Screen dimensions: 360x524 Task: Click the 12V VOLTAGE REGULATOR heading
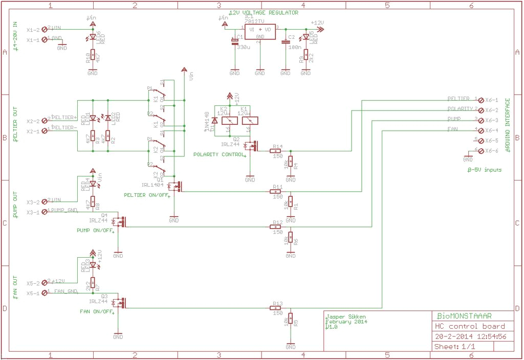[264, 13]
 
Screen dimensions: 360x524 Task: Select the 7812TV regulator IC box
[260, 32]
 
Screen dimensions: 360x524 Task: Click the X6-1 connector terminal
[481, 100]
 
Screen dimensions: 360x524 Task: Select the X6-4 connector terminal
[481, 130]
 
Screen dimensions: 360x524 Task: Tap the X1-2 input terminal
[45, 29]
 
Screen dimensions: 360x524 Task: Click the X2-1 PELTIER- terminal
[45, 131]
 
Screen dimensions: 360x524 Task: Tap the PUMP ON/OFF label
[95, 231]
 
